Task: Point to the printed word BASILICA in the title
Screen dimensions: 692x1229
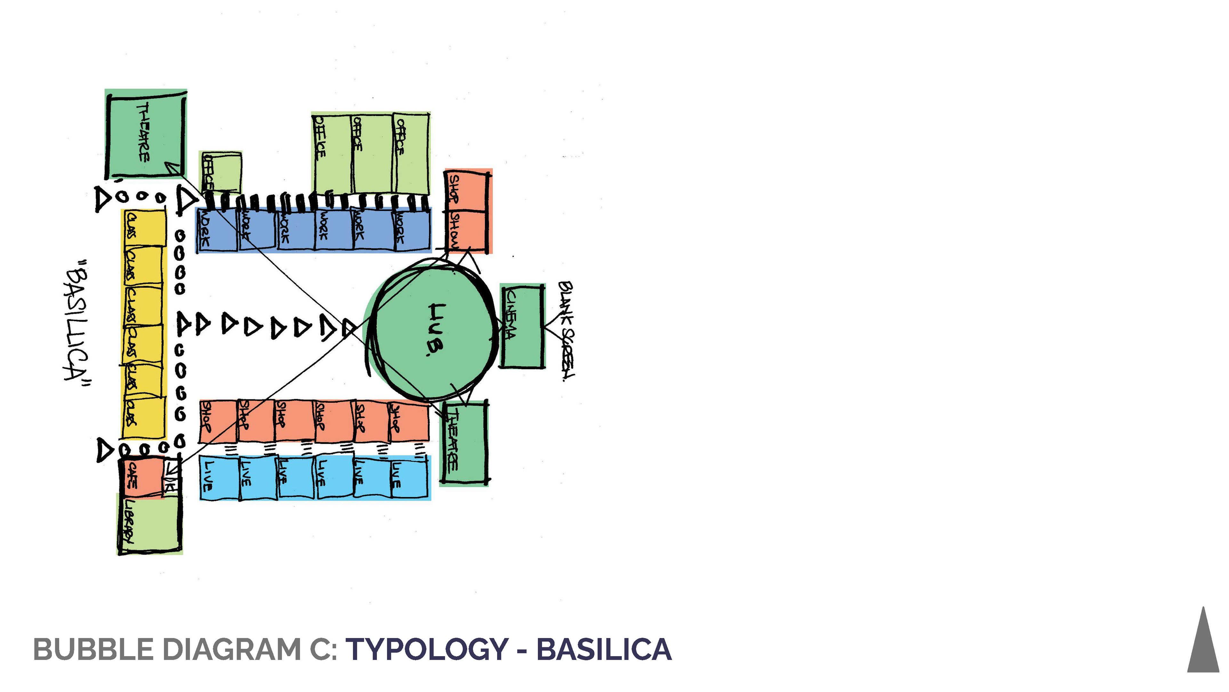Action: (x=604, y=649)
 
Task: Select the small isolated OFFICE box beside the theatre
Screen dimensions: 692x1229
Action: (x=221, y=172)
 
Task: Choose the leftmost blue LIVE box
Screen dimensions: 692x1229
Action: (x=219, y=478)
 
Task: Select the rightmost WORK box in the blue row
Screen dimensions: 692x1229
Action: (x=411, y=229)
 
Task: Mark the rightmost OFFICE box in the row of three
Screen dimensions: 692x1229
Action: (x=410, y=153)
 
